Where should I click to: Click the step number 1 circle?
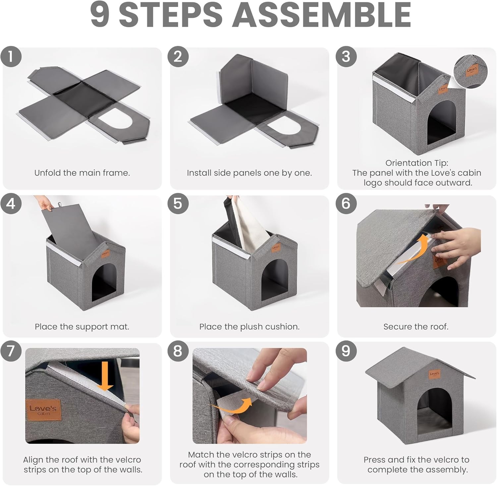tap(11, 57)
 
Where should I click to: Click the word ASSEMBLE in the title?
tap(321, 15)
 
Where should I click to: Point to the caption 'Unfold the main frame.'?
tap(82, 173)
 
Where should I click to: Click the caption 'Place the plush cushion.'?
tap(249, 327)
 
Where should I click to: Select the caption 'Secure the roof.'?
tap(416, 327)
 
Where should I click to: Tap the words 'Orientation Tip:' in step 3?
tap(416, 163)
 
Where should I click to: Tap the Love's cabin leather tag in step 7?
tap(43, 410)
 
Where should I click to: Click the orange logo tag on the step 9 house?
tap(434, 374)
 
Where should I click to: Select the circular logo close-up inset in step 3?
tap(470, 72)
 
